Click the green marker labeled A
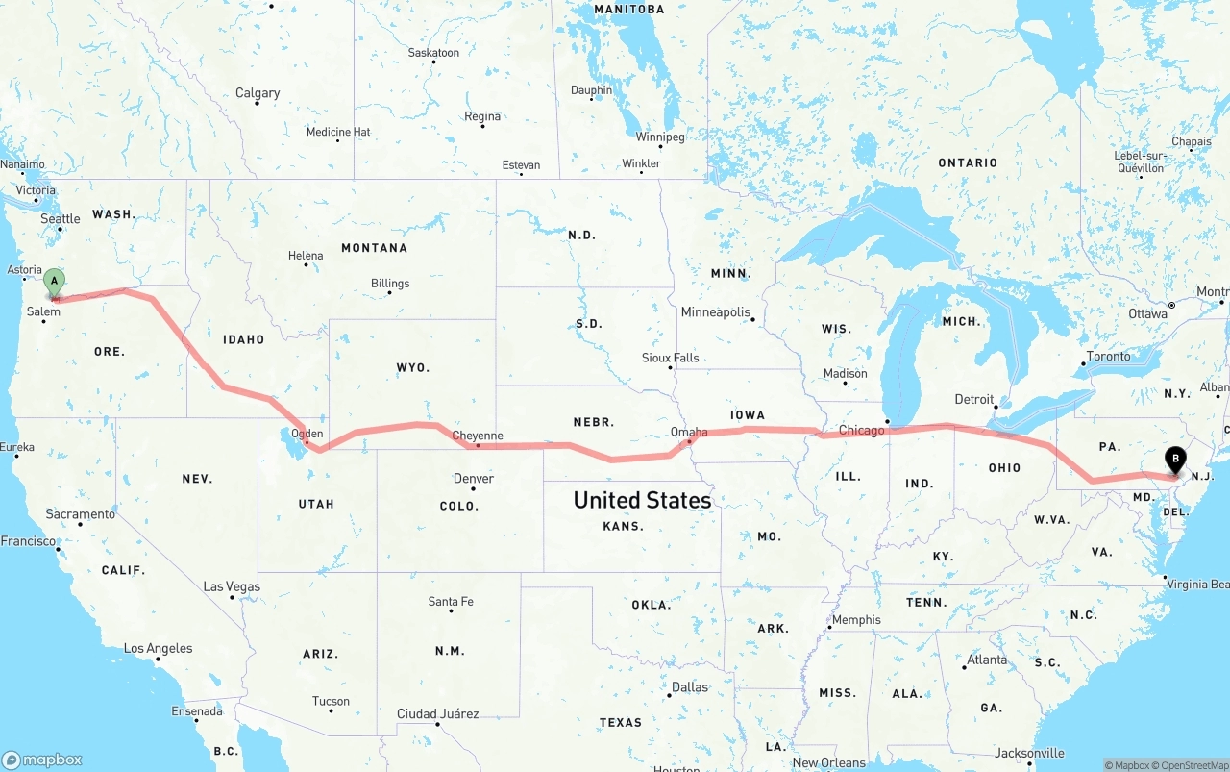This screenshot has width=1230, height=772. tap(55, 283)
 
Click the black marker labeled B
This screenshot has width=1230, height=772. tap(1174, 460)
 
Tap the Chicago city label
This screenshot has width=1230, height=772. tap(861, 430)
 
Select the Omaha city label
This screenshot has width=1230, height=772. tap(689, 432)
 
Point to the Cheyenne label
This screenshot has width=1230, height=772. tap(478, 436)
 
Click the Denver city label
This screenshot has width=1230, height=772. tap(473, 478)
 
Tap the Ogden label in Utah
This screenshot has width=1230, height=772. tap(307, 434)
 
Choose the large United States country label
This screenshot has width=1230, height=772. tap(642, 500)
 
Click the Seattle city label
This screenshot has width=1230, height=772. tap(61, 218)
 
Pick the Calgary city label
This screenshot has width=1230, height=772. tap(258, 93)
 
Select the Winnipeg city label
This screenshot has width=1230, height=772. tap(660, 137)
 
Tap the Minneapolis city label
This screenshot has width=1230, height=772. tap(715, 312)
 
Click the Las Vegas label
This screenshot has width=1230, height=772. tap(232, 586)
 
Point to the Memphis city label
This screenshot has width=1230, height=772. tap(856, 620)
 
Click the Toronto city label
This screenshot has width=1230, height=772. tap(1109, 356)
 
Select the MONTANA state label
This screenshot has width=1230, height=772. tap(374, 248)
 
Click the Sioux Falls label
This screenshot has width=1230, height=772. tap(671, 358)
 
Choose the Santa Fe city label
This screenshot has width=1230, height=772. tap(450, 602)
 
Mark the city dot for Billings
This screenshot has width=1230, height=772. tap(389, 292)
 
